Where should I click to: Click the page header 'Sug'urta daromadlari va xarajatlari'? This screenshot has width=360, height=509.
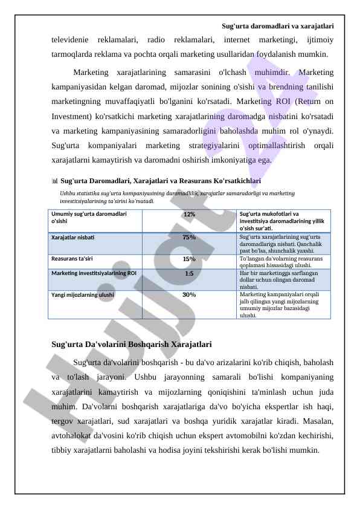coord(277,26)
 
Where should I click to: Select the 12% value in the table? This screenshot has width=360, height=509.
coord(189,215)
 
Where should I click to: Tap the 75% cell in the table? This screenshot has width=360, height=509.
coord(189,237)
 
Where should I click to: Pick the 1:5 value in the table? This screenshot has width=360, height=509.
coord(189,273)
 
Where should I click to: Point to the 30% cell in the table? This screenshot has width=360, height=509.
coord(189,294)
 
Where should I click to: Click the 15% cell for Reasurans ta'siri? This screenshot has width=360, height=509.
coord(189,259)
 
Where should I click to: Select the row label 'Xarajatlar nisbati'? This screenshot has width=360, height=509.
coord(72,237)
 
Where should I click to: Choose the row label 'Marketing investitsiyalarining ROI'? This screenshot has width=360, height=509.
coord(94,273)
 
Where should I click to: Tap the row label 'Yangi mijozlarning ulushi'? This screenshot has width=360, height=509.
coord(83,294)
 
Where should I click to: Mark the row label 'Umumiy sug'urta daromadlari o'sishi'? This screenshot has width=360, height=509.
coord(89,218)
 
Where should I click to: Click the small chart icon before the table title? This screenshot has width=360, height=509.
coord(55,181)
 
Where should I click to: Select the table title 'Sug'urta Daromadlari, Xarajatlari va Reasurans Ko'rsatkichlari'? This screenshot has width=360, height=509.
coord(161,180)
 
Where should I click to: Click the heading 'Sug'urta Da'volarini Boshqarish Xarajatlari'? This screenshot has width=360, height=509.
coord(132,345)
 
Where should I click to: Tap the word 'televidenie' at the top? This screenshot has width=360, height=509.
coord(69,40)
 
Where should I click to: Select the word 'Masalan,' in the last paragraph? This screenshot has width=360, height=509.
coord(317,421)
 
